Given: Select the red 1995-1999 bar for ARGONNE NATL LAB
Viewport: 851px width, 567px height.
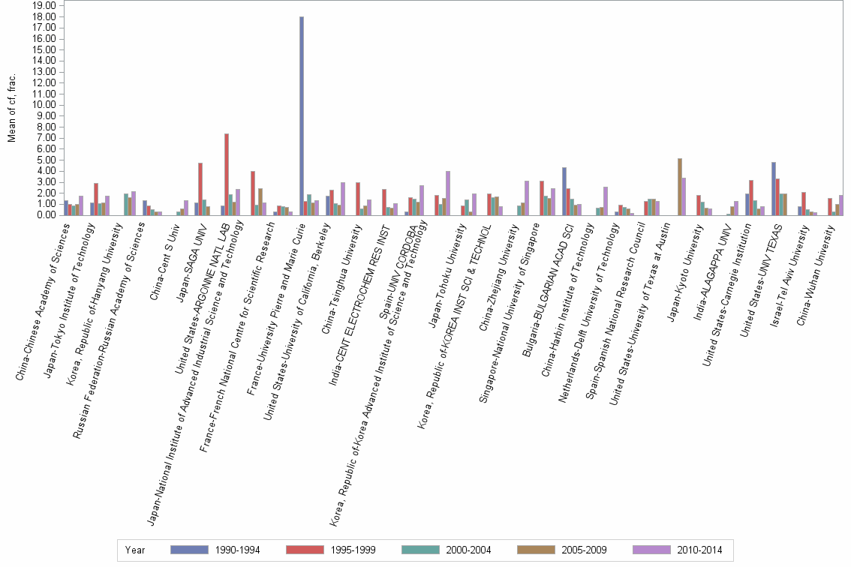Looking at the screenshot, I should pos(227,174).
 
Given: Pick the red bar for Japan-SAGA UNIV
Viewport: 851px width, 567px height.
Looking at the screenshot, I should pos(200,189).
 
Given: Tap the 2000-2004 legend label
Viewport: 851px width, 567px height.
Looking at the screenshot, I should pos(468,550).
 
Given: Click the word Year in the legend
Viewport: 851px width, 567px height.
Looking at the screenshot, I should pos(135,550).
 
